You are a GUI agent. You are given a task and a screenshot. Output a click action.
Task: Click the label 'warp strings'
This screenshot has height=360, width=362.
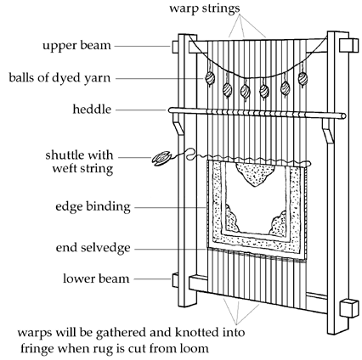205,8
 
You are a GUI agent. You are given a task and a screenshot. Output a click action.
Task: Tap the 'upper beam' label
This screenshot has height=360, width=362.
76,46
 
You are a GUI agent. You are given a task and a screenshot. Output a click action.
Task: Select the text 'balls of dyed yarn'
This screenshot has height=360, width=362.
59,78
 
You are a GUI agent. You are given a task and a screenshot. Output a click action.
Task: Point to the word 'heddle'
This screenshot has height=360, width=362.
92,110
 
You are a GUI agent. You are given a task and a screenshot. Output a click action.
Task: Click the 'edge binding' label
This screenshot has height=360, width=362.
93,207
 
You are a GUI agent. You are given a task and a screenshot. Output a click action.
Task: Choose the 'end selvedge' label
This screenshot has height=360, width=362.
93,248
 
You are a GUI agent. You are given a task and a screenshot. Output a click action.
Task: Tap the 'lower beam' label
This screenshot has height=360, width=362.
96,278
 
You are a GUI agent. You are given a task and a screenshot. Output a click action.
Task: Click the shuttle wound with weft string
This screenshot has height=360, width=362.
162,159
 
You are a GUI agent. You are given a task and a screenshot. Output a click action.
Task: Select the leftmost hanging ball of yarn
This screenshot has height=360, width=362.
210,78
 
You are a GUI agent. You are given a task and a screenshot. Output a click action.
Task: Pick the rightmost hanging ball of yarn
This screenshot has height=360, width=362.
303,78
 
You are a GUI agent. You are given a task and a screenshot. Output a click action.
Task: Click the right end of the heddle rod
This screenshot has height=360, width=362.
343,115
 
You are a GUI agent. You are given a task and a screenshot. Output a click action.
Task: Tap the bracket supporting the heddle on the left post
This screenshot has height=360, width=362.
178,128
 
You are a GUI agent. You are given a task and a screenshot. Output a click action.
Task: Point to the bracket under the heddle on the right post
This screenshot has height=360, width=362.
328,131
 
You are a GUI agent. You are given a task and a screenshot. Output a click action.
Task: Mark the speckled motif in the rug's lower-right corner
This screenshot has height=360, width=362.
279,223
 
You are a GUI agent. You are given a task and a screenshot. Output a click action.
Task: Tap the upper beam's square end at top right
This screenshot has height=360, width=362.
348,45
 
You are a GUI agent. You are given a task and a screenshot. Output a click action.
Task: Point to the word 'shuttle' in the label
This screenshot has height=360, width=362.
65,155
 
